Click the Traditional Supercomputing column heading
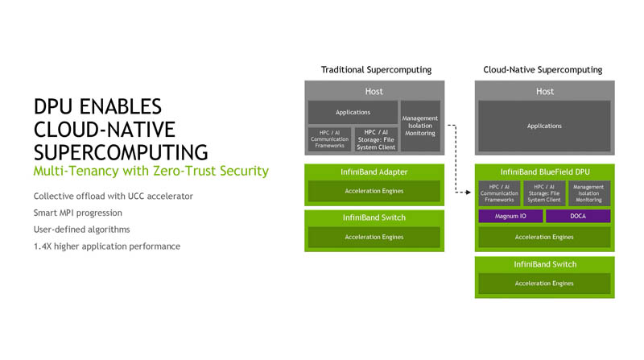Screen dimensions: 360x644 click(x=376, y=70)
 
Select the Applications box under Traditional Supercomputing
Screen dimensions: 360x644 click(x=353, y=112)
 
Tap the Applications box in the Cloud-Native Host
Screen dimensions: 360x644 click(x=544, y=126)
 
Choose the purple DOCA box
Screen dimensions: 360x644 click(x=578, y=216)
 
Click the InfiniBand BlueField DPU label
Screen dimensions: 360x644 click(x=544, y=172)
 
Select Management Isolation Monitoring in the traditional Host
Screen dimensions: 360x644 click(x=420, y=126)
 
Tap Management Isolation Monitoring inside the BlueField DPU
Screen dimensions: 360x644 click(x=589, y=193)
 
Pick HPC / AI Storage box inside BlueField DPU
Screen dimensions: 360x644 click(x=544, y=193)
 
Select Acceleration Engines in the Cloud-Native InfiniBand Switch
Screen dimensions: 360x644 click(x=544, y=283)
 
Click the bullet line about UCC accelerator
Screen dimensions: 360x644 click(x=113, y=197)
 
